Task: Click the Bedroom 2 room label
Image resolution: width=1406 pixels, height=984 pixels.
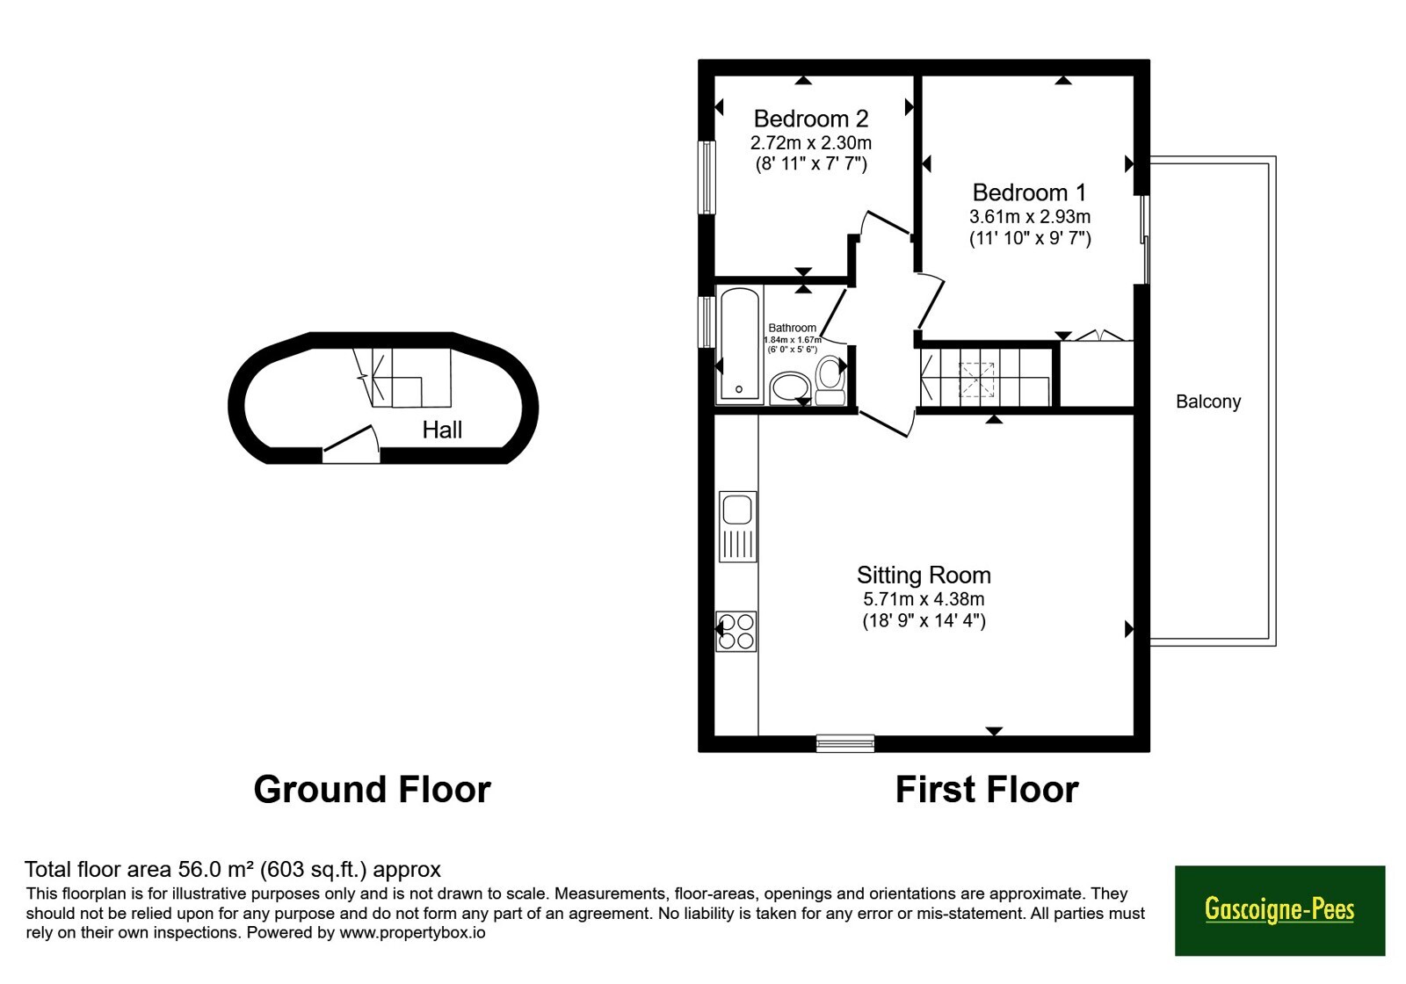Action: pyautogui.click(x=811, y=118)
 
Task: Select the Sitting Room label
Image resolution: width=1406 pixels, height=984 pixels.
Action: pyautogui.click(x=924, y=575)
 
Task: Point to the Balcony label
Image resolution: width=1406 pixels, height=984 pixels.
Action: pyautogui.click(x=1208, y=402)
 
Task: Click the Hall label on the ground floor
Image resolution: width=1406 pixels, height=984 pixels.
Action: pyautogui.click(x=442, y=430)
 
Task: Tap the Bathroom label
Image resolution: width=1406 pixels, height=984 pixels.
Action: pyautogui.click(x=792, y=328)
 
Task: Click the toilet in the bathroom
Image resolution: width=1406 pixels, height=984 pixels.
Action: pyautogui.click(x=830, y=380)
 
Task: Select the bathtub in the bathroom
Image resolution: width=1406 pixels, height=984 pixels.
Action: pyautogui.click(x=739, y=344)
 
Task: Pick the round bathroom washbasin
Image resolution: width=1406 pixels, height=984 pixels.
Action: pyautogui.click(x=790, y=388)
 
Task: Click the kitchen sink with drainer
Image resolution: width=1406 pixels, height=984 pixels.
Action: pyautogui.click(x=737, y=526)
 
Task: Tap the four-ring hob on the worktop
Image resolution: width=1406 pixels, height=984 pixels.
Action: pyautogui.click(x=736, y=632)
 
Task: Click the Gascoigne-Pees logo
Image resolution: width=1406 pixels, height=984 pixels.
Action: pyautogui.click(x=1279, y=910)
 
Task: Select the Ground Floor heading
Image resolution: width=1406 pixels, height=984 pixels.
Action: pyautogui.click(x=373, y=790)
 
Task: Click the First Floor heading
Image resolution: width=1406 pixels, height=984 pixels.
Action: pyautogui.click(x=987, y=790)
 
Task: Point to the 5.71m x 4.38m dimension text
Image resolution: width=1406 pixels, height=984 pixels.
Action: pyautogui.click(x=924, y=598)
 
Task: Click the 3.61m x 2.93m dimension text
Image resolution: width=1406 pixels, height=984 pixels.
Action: pyautogui.click(x=1030, y=216)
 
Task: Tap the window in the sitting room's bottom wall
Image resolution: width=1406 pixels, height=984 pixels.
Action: pyautogui.click(x=844, y=743)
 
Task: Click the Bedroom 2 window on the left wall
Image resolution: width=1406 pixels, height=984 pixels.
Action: pyautogui.click(x=707, y=177)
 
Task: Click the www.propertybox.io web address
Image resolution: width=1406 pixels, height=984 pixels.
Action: pyautogui.click(x=412, y=932)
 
